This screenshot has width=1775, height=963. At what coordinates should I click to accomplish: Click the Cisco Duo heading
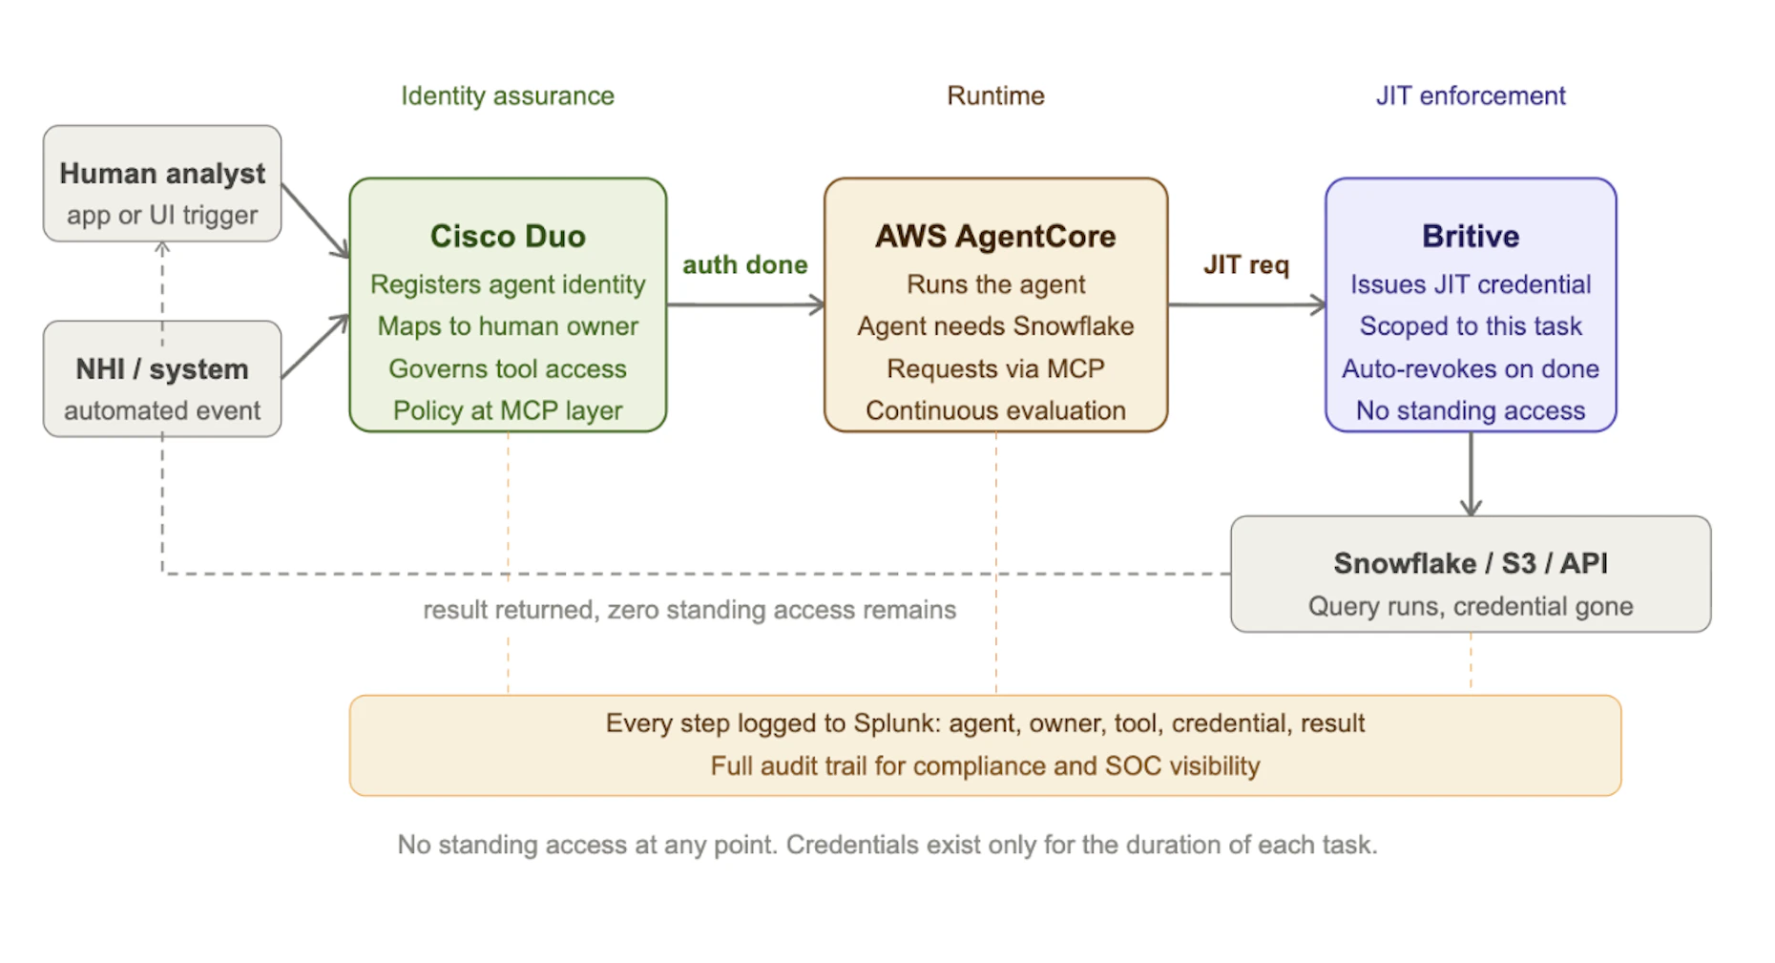click(507, 236)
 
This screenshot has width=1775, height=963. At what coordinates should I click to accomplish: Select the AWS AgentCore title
click(994, 236)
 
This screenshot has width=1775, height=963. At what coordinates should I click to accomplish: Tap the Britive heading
click(1470, 236)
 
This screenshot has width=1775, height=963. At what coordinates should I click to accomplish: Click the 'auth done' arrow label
click(744, 264)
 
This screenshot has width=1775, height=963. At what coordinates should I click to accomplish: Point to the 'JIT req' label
click(1245, 264)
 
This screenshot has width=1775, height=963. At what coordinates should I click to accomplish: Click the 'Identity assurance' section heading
click(507, 95)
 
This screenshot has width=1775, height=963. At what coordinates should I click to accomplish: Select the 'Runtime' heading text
click(994, 95)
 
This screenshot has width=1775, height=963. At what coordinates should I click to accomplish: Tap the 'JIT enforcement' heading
click(1470, 95)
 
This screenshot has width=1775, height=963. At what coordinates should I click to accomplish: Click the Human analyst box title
click(162, 174)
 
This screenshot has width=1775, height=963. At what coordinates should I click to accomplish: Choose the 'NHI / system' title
click(162, 369)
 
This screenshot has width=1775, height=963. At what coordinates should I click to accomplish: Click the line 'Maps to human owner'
click(507, 326)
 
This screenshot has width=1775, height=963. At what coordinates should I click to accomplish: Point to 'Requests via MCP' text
click(994, 368)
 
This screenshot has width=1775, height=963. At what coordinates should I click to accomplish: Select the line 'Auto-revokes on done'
click(1470, 368)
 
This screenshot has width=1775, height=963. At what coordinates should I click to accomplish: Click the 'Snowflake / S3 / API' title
click(1470, 563)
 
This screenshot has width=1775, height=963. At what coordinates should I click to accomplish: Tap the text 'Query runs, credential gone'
click(1470, 606)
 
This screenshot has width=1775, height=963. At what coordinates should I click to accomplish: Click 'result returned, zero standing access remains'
click(689, 610)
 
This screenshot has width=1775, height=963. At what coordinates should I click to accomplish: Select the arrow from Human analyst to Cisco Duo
click(315, 220)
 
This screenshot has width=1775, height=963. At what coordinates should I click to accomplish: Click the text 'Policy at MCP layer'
click(507, 410)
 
